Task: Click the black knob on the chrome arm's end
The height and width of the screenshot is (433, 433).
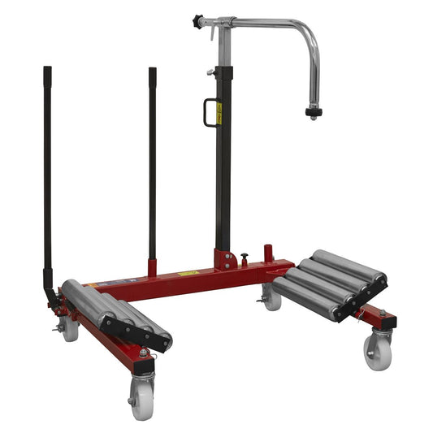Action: pyautogui.click(x=197, y=20)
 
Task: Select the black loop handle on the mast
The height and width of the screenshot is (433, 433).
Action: pyautogui.click(x=210, y=112)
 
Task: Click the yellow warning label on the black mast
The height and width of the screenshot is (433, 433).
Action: pyautogui.click(x=219, y=114)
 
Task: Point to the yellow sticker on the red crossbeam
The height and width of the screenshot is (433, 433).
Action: pyautogui.click(x=188, y=273)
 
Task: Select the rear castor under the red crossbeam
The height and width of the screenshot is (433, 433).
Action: pyautogui.click(x=271, y=298)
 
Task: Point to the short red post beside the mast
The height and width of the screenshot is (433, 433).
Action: pyautogui.click(x=268, y=253)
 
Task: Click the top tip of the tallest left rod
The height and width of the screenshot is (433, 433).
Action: pyautogui.click(x=47, y=70)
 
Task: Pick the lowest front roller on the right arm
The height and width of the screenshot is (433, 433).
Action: pyautogui.click(x=309, y=300)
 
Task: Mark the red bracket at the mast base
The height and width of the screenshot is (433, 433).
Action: pyautogui.click(x=223, y=260)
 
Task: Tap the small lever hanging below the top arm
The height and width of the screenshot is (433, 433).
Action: pyautogui.click(x=213, y=33)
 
